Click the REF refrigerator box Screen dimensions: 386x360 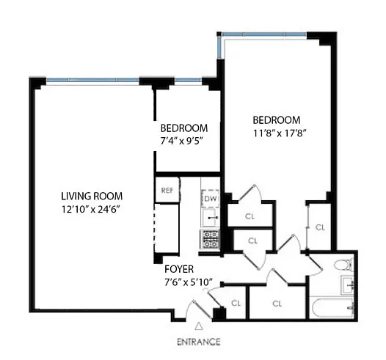click(x=167, y=190)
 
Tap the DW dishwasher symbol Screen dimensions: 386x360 click(x=210, y=199)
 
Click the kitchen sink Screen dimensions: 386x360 click(x=211, y=218)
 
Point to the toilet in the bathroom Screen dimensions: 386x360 click(x=344, y=265)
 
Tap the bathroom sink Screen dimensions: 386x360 click(x=347, y=285)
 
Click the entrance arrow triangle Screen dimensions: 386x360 click(x=199, y=326)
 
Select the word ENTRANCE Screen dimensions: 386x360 click(x=199, y=342)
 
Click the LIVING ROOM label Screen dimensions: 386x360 click(x=92, y=196)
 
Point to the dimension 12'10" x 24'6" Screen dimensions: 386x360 click(x=90, y=210)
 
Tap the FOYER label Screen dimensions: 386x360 click(x=179, y=269)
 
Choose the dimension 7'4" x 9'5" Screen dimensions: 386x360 click(x=181, y=142)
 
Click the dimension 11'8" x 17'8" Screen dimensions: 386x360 click(x=280, y=133)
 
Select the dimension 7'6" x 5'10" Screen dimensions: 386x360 click(x=189, y=282)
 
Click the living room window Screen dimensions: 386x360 click(x=92, y=80)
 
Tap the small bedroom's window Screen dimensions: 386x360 click(x=189, y=80)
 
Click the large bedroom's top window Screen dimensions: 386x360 click(x=264, y=34)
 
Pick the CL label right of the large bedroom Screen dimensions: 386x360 click(x=320, y=227)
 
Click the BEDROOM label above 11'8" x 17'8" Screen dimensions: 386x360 click(x=277, y=120)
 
